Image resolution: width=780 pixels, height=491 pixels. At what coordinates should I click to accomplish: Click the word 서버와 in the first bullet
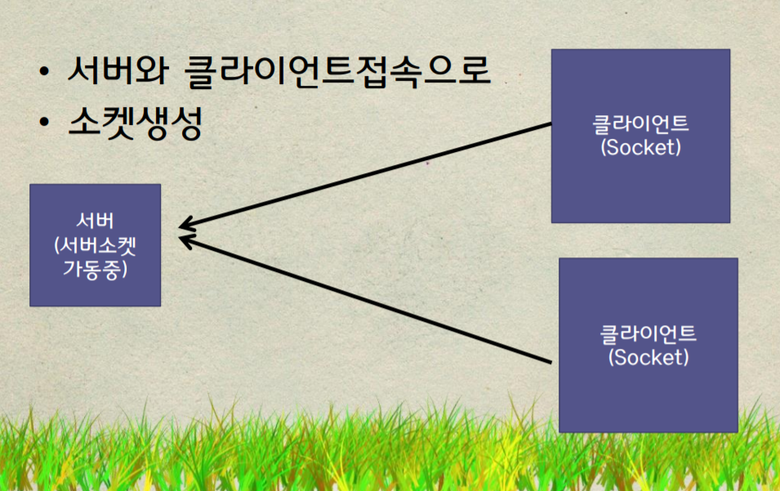[x=118, y=69]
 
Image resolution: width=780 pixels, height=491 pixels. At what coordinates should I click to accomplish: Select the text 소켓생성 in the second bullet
[x=136, y=123]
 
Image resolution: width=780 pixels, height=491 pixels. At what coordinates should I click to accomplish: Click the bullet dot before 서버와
[x=44, y=70]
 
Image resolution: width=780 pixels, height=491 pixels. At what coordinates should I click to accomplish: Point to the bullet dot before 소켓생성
[x=44, y=121]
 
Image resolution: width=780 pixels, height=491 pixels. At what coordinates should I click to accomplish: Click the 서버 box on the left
[x=95, y=245]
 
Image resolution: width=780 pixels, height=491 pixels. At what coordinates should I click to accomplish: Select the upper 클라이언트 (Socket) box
[x=640, y=136]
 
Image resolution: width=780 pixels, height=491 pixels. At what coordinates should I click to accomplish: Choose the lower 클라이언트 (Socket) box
[x=649, y=346]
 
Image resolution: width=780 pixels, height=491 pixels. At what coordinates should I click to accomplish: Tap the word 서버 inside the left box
[x=95, y=221]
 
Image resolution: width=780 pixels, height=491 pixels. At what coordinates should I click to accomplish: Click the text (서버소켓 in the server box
[x=95, y=245]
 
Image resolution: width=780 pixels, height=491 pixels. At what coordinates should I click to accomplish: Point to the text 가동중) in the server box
[x=95, y=269]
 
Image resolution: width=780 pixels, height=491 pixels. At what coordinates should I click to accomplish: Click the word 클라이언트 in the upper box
[x=640, y=124]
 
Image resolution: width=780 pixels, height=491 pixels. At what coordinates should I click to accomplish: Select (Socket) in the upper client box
[x=640, y=147]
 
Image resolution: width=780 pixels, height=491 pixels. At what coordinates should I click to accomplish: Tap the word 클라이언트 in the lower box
[x=649, y=334]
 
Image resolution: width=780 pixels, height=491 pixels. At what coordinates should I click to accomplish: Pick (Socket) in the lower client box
[x=649, y=357]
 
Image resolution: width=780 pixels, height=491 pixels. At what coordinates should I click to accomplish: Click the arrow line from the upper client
[x=365, y=176]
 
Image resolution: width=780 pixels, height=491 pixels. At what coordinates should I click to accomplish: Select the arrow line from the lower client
[x=365, y=300]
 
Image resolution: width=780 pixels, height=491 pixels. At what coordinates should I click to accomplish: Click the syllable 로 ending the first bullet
[x=473, y=69]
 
